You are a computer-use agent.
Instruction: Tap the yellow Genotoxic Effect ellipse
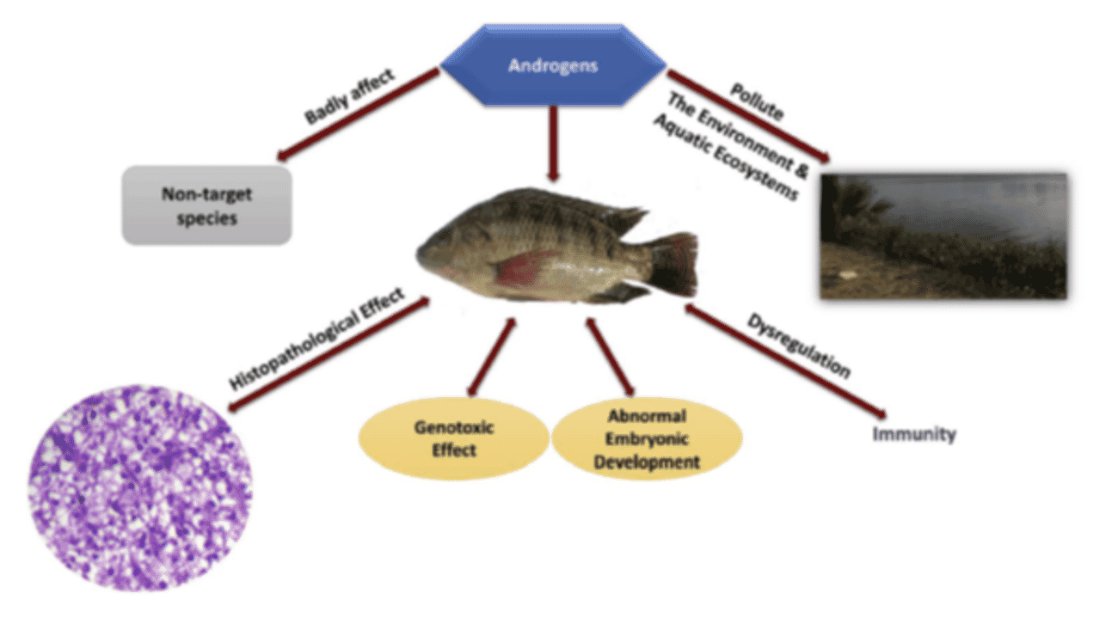pos(453,437)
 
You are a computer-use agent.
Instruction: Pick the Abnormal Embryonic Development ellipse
pos(634,439)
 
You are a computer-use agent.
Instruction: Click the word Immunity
pos(914,434)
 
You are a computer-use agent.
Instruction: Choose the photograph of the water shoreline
pos(943,236)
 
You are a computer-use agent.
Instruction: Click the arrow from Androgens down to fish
pos(553,142)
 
